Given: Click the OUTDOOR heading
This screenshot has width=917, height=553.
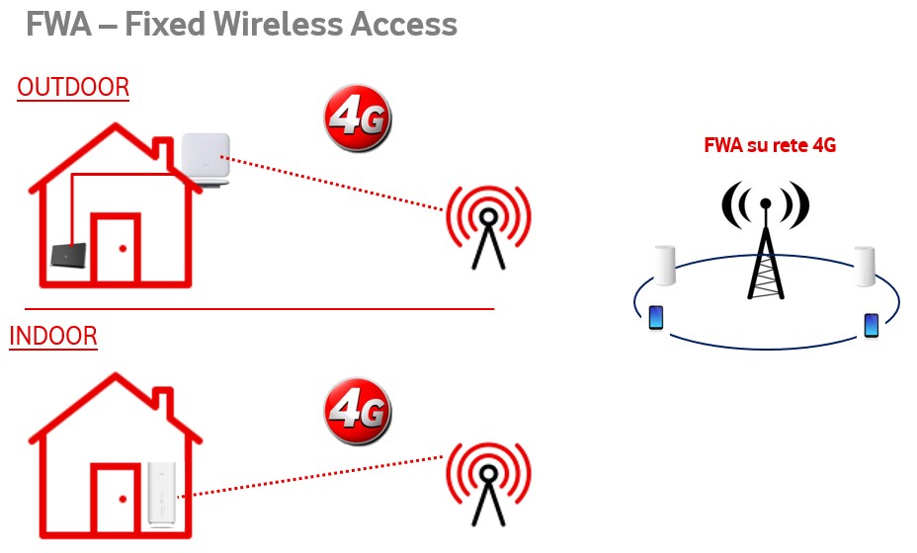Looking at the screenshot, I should click(x=73, y=88).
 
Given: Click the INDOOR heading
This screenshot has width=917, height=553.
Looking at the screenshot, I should click(x=53, y=337).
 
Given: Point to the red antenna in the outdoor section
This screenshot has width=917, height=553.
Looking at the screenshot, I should click(x=488, y=223).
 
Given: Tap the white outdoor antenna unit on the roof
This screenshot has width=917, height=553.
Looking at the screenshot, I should click(x=206, y=158).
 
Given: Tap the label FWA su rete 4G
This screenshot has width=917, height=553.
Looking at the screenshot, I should click(x=770, y=145).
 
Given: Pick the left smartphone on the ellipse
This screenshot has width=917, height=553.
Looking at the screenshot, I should click(x=656, y=318).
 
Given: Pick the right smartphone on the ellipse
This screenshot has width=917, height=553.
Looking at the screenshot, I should click(x=871, y=325).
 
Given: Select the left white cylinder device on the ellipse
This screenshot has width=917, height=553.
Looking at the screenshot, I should click(x=663, y=265).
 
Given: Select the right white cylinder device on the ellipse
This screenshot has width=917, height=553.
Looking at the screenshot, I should click(x=865, y=265).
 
